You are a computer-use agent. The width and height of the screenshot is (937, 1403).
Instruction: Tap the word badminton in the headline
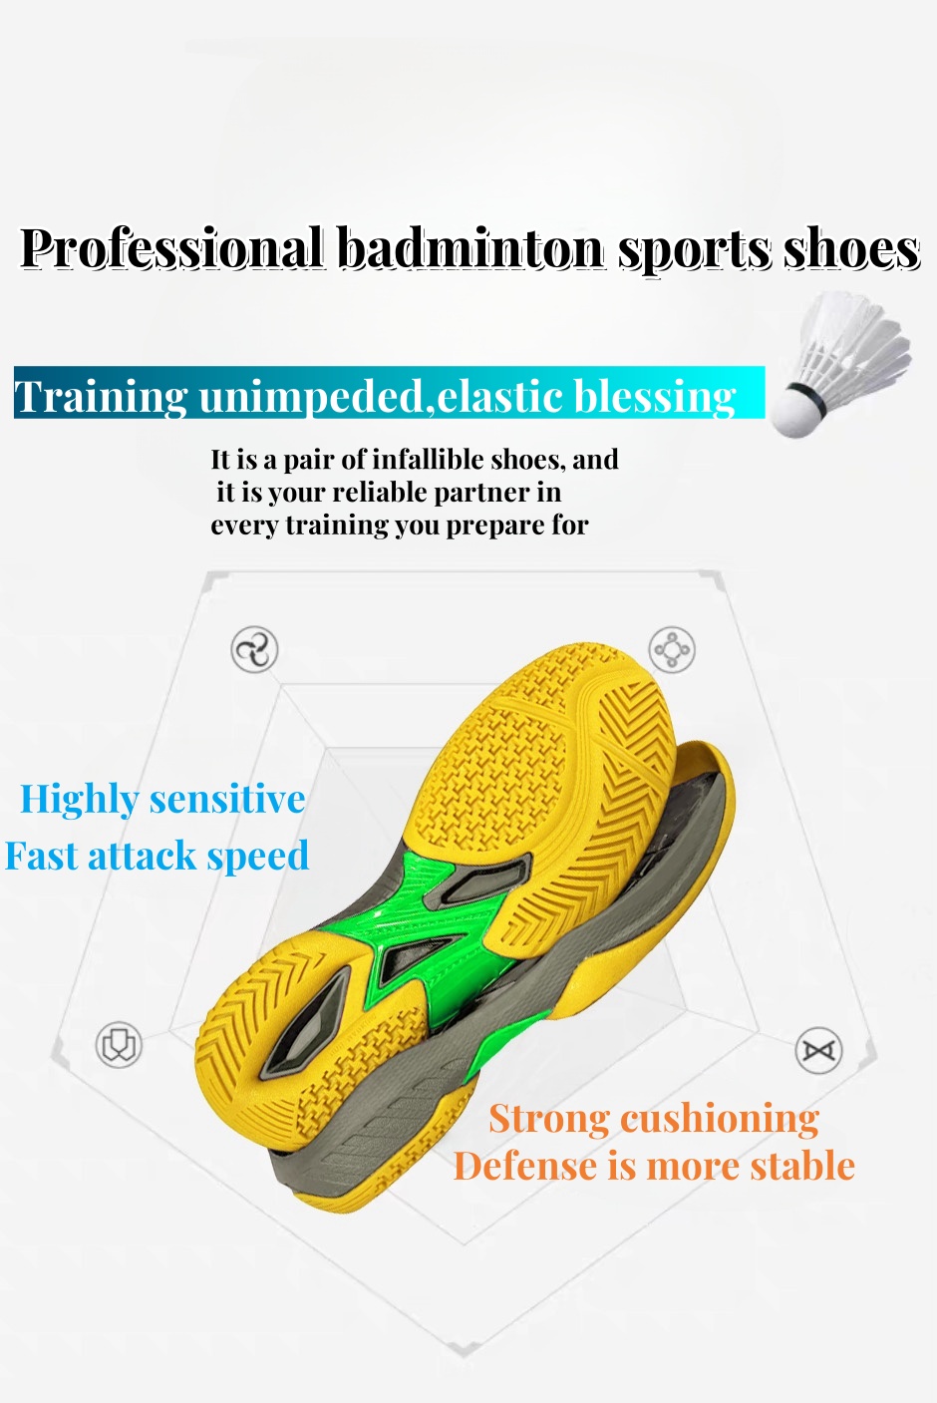point(471,248)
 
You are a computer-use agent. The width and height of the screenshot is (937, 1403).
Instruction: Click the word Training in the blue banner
point(101,397)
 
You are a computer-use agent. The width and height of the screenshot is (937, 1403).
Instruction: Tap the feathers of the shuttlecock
point(854,344)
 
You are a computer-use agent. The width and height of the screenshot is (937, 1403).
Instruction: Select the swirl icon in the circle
point(254,649)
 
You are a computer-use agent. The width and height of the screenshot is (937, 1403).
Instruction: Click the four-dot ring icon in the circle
point(672,649)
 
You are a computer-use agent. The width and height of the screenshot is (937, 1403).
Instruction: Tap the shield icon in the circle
point(119,1045)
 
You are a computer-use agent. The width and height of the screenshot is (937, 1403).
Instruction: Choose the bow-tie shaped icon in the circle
point(818,1050)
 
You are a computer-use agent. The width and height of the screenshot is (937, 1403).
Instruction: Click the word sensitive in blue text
point(227,800)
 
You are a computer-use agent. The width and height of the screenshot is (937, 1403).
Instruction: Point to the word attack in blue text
point(143,857)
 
